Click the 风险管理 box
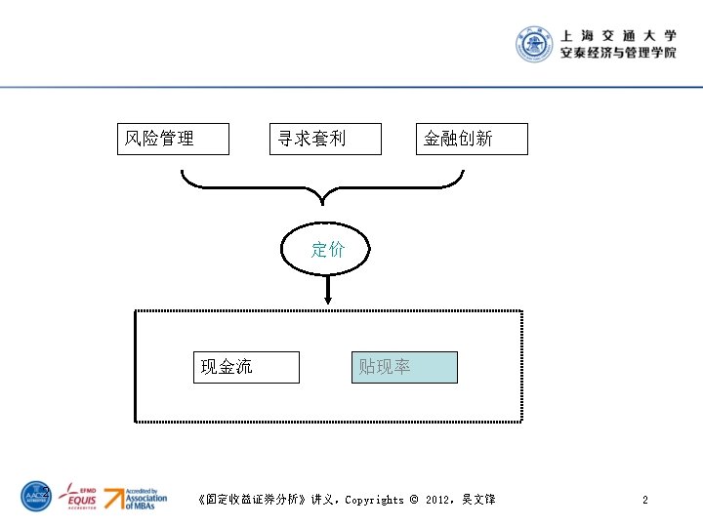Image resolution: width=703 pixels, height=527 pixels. point(173,139)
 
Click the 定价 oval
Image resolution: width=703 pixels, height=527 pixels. point(328,250)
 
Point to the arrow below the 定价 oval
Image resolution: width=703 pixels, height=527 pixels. point(328,291)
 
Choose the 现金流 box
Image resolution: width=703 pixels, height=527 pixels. point(246,367)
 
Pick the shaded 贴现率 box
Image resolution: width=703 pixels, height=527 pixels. point(404,367)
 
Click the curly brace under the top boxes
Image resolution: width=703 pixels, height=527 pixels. point(322,185)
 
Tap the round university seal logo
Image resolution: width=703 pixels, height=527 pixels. point(535,44)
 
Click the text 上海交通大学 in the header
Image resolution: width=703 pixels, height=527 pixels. point(618,34)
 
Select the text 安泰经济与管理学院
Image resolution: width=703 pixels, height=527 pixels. point(618,54)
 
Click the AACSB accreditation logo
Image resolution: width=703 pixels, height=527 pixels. point(37,497)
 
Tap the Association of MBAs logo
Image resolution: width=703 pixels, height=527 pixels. point(136,497)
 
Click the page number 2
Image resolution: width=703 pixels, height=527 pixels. point(644,500)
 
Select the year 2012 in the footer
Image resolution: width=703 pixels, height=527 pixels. point(438,500)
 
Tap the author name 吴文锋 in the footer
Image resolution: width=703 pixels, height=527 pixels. point(478,500)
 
